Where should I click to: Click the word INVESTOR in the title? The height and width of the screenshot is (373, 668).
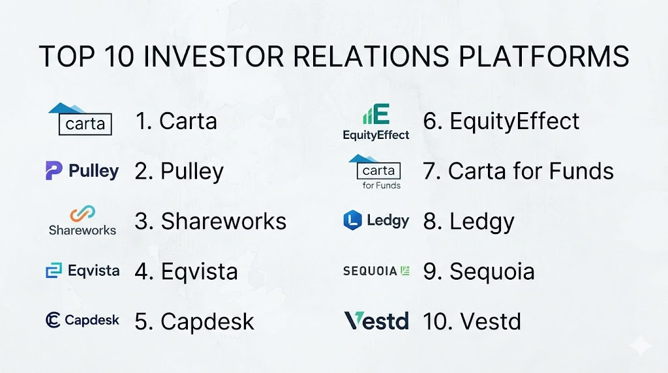[x=213, y=56]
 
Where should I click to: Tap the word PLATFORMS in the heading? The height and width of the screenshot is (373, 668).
[x=543, y=56]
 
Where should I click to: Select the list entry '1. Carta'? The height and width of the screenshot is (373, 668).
[x=176, y=121]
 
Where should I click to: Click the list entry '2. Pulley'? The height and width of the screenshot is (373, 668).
[x=179, y=172]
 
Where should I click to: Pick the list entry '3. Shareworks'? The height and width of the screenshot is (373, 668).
[x=211, y=222]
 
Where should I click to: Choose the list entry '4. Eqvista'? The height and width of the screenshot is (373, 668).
[x=186, y=272]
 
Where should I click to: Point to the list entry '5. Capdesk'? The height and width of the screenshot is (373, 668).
[x=194, y=321]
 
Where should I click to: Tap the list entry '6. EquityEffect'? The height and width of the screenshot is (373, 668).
[x=501, y=121]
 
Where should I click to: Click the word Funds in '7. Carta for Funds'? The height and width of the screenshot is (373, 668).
[x=581, y=171]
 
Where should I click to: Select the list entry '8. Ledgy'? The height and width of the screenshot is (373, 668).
[x=468, y=222]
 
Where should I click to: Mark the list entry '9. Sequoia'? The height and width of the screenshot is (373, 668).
[x=479, y=272]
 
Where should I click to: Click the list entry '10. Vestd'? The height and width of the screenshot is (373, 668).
[x=472, y=321]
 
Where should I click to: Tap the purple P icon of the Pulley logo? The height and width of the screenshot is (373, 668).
[x=53, y=170]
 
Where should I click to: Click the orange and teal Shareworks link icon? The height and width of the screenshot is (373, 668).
[x=83, y=214]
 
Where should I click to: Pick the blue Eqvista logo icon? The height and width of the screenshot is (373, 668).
[x=53, y=271]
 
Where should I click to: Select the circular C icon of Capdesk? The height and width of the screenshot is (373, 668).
[x=53, y=320]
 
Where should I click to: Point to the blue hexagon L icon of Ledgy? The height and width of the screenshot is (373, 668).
[x=352, y=220]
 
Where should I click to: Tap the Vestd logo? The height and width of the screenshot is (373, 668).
[x=376, y=321]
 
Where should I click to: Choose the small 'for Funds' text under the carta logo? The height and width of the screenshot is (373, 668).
[x=381, y=185]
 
